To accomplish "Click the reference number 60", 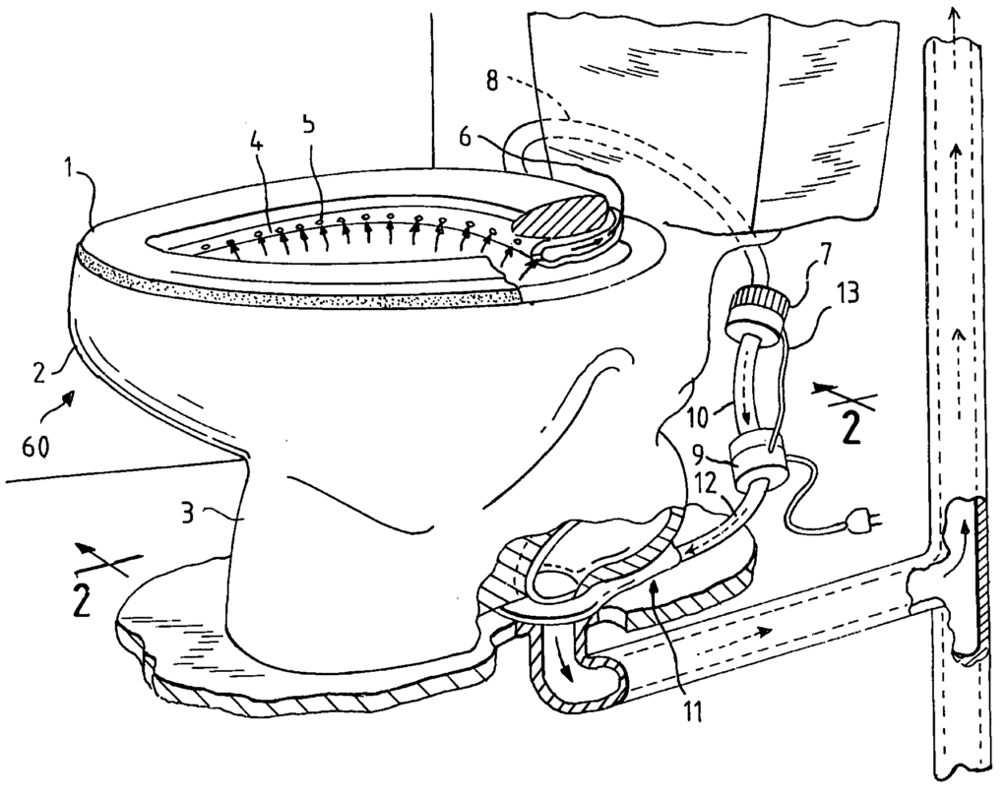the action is tap(35, 447).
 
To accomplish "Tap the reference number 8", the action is tap(493, 83).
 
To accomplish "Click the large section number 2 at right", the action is tap(850, 429).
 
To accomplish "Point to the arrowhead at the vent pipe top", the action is tap(953, 14).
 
